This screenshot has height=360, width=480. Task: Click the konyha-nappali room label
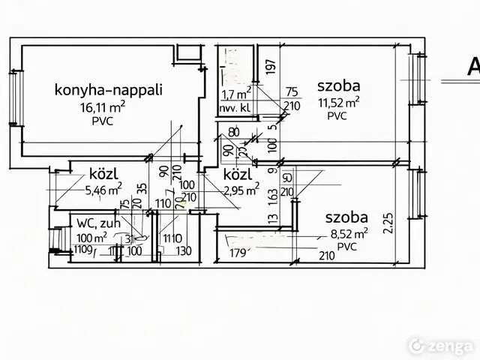108,91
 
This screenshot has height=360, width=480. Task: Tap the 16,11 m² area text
103,106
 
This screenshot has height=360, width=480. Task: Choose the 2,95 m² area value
241,190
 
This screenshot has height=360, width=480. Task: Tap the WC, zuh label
97,223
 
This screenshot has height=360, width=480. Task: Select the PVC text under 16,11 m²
103,121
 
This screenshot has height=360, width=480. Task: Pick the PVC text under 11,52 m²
337,116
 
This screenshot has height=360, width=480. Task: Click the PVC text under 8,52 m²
346,247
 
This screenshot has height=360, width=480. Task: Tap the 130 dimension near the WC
184,250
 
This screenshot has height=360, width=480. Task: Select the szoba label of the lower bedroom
346,217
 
